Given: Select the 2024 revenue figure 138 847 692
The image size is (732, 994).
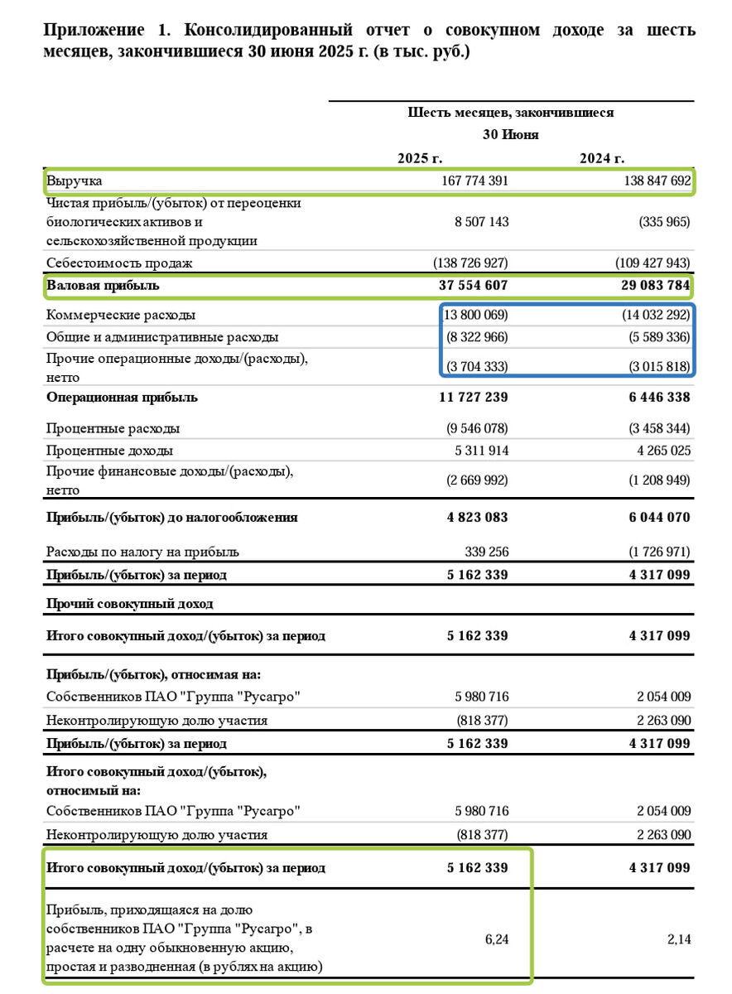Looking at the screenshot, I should pos(651,181).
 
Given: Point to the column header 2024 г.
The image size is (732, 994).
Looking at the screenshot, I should pos(602,158).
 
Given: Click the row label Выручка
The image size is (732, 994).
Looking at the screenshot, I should pos(75,181).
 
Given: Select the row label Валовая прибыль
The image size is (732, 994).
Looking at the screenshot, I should pos(104,286).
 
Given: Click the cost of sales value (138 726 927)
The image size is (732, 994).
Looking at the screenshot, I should pos(470,263).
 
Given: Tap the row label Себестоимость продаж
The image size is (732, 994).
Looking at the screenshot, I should pos(119,263).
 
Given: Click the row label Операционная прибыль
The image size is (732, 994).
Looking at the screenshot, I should pos(122,398).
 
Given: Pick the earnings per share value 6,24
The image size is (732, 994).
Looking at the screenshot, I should pos(496,939).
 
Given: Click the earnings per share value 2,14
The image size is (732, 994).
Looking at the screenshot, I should pos(678,939).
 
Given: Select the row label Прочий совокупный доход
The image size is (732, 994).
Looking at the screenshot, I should pos(129,604).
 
